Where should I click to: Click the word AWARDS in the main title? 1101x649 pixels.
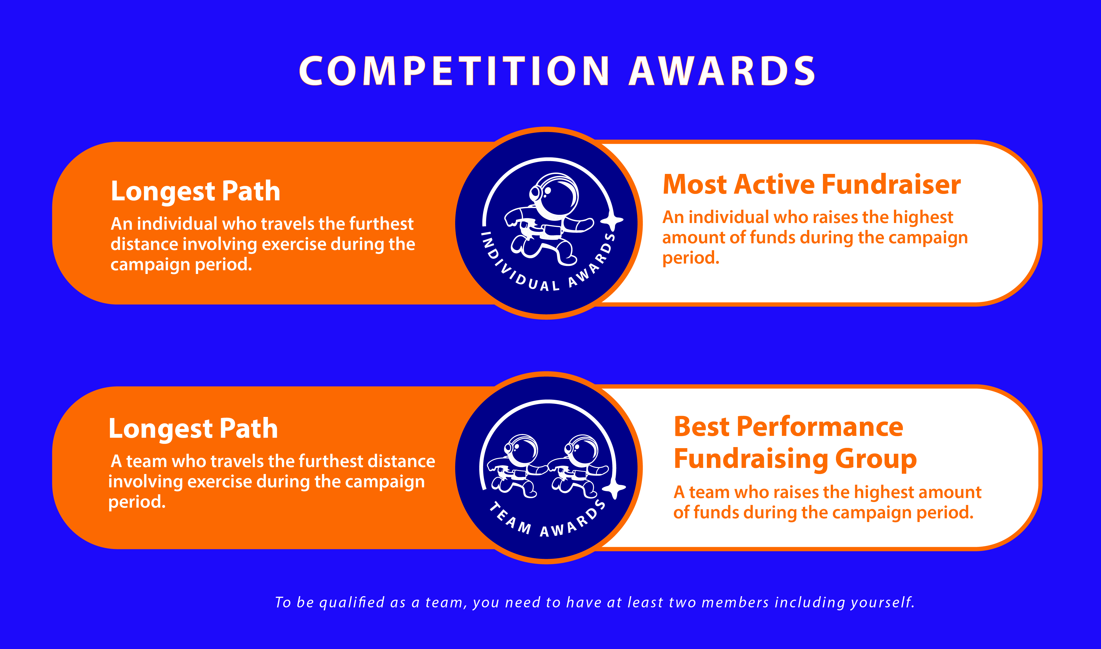pyautogui.click(x=722, y=71)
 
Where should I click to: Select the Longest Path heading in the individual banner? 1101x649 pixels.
pyautogui.click(x=195, y=192)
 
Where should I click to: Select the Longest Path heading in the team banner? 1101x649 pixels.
pyautogui.click(x=193, y=429)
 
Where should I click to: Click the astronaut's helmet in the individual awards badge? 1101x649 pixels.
pyautogui.click(x=553, y=196)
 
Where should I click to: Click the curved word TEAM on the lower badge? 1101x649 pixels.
pyautogui.click(x=510, y=519)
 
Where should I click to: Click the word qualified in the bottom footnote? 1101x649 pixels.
pyautogui.click(x=352, y=603)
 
